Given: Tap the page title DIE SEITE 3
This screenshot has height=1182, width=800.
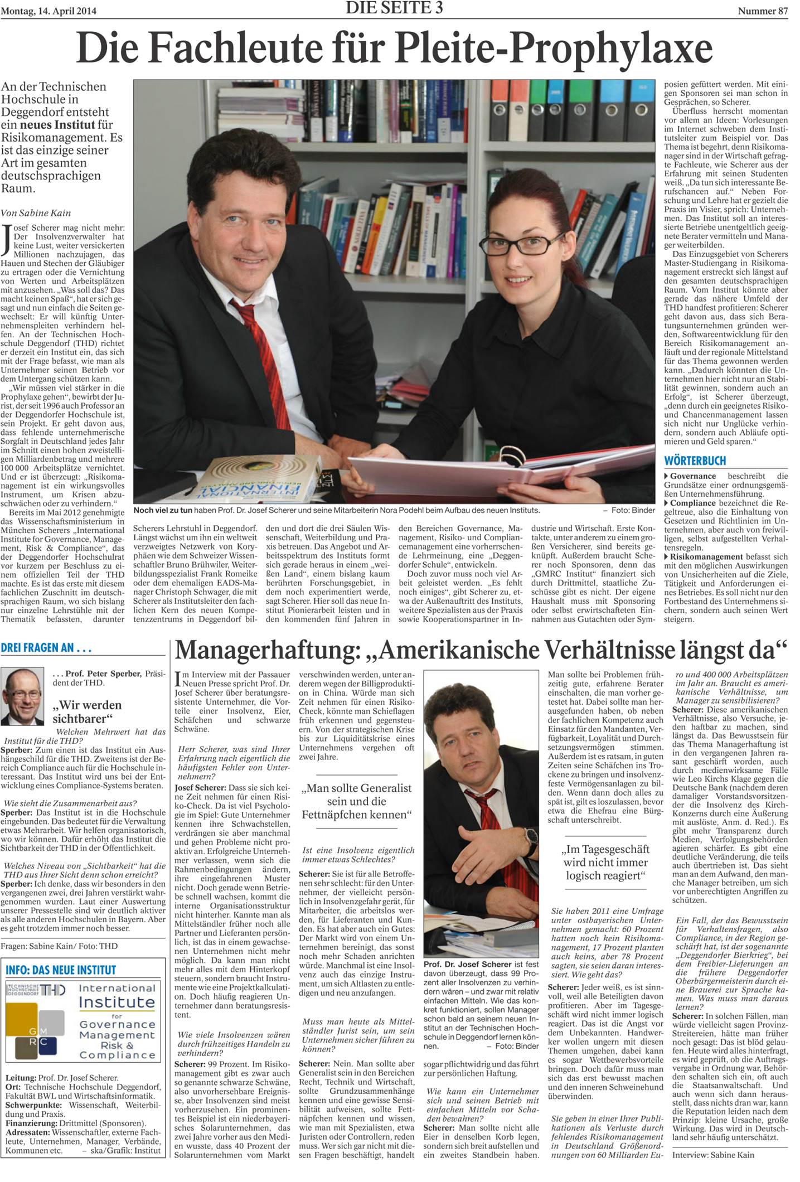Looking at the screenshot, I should [394, 8].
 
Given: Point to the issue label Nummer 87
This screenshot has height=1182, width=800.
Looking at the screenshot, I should [762, 11].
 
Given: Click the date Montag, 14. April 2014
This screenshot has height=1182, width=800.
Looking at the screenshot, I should [49, 11].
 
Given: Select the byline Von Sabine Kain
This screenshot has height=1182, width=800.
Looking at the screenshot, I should [36, 212].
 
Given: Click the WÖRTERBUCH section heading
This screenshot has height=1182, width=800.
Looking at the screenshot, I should [695, 461].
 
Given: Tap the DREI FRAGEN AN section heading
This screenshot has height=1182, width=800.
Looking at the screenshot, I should [46, 648].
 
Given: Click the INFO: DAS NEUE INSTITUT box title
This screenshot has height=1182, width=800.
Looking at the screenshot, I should [61, 970].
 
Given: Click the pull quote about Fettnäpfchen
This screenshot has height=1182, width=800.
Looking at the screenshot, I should [357, 801].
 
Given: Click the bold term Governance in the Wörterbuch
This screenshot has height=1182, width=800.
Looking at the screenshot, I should [692, 476].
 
